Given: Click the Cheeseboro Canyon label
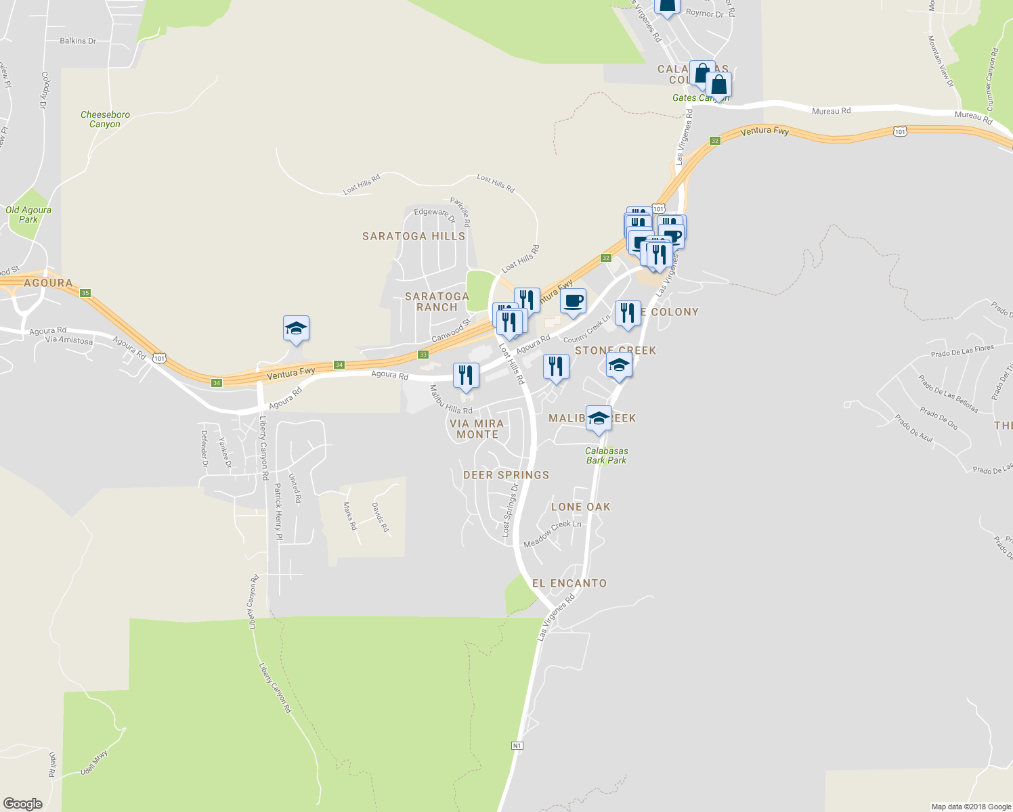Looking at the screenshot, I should click(105, 119).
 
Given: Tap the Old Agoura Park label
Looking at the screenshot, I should click(28, 215).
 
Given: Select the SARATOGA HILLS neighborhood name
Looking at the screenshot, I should click(414, 236).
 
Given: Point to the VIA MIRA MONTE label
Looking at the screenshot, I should click(477, 429).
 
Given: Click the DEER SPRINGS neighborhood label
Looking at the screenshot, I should click(506, 475).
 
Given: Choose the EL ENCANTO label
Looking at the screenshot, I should click(569, 583).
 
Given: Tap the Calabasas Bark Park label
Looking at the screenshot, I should click(607, 455).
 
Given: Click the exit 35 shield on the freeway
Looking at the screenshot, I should click(85, 293).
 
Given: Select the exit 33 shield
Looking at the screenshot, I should click(423, 355).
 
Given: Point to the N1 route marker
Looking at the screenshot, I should click(517, 746).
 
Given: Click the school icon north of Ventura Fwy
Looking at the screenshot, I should click(296, 329).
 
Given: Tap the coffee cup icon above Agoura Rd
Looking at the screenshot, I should click(573, 301).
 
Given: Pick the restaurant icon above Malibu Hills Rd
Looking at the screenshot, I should click(466, 376).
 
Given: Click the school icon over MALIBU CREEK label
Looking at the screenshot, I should click(599, 418).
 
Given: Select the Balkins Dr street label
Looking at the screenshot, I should click(78, 41).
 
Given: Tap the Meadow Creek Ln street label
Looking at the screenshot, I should click(553, 535).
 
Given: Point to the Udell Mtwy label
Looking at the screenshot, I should click(94, 763).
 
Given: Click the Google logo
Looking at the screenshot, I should click(23, 803).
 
